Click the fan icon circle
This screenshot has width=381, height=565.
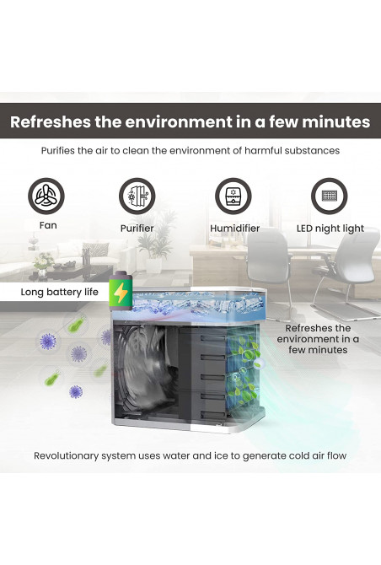click(x=46, y=196)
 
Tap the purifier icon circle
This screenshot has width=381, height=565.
click(x=137, y=196)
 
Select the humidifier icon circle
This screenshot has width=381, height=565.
click(x=233, y=196)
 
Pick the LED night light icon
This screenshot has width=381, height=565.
click(x=329, y=196)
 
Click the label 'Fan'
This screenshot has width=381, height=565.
click(x=48, y=225)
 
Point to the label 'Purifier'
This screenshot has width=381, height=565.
click(x=137, y=228)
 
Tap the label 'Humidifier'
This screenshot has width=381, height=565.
click(x=235, y=228)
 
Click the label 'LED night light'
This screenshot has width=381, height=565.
click(x=330, y=229)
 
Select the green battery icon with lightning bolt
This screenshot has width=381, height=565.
click(x=121, y=291)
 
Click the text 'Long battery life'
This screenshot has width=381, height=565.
click(x=59, y=292)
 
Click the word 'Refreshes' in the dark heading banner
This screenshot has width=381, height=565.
click(x=51, y=121)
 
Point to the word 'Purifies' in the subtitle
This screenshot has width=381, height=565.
click(x=57, y=150)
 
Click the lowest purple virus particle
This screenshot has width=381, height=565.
click(x=76, y=391)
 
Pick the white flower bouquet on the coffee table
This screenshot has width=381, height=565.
click(x=43, y=261)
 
